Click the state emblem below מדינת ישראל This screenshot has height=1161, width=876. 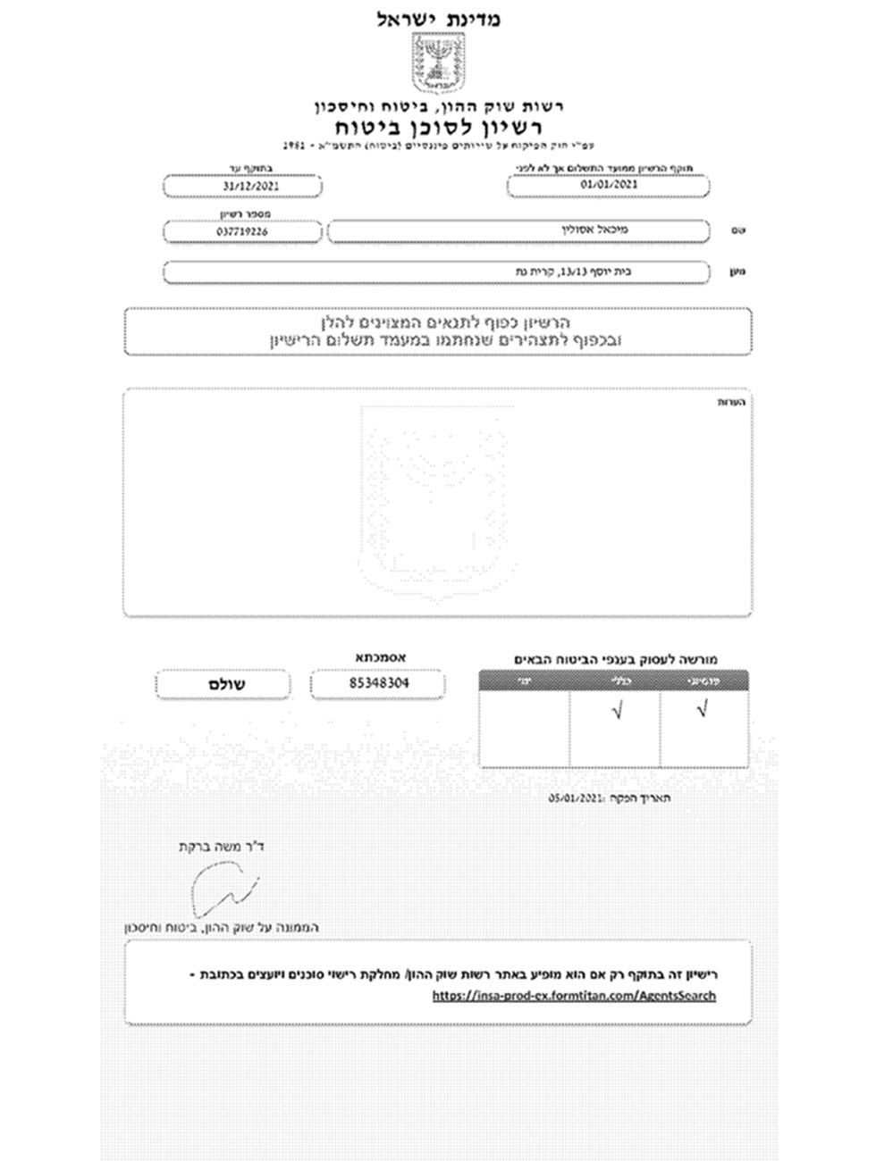point(437,62)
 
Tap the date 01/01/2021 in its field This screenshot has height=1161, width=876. point(609,185)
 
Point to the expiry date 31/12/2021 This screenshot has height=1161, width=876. point(241,186)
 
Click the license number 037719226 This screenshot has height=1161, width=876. point(241,231)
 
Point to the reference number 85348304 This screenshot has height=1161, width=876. point(377,684)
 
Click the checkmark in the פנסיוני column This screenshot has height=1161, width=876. point(703,711)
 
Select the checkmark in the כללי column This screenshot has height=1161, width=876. point(615,711)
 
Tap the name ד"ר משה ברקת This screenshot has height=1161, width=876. point(223,845)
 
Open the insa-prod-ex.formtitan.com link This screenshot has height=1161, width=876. point(574,995)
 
